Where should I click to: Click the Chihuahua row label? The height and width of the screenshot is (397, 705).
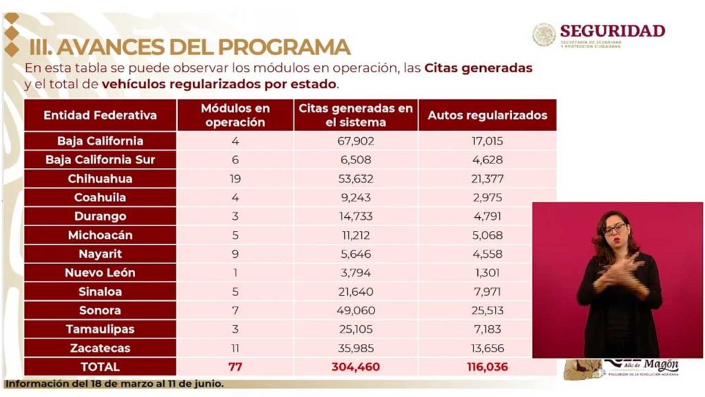tap(100, 179)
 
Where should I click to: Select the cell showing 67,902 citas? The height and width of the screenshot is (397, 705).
tap(355, 141)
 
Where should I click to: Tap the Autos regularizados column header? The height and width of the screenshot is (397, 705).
tap(487, 115)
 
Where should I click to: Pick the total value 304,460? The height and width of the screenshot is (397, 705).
tap(355, 367)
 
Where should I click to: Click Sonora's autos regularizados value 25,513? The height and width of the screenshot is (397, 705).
tap(487, 310)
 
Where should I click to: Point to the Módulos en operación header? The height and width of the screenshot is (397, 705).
tap(235, 115)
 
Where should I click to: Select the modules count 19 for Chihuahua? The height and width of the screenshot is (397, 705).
tap(235, 179)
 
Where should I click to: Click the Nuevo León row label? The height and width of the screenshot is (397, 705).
tap(100, 272)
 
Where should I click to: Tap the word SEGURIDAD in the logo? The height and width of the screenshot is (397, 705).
tap(612, 31)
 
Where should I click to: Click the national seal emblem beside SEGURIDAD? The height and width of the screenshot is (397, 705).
tap(544, 34)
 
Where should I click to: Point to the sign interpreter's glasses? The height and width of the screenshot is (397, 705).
tap(615, 228)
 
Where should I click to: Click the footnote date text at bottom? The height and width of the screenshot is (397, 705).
tap(114, 384)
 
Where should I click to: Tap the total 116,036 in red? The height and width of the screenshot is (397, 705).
tap(487, 367)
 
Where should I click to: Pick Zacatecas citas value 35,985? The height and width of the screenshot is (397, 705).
tap(355, 348)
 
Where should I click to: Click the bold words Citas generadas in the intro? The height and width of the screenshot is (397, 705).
tap(478, 69)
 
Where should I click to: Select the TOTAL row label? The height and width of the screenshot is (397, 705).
tap(100, 367)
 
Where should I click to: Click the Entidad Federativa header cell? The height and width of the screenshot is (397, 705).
tap(100, 115)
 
